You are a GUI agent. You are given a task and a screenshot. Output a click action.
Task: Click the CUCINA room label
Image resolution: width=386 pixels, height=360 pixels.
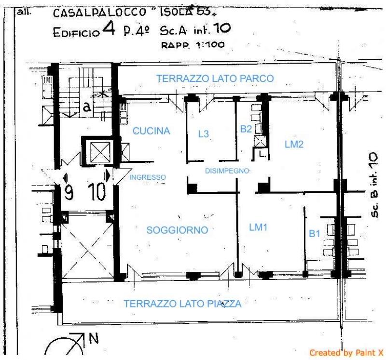(151, 131)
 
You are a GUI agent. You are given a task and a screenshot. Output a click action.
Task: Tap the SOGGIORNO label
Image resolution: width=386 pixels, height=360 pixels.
(177, 230)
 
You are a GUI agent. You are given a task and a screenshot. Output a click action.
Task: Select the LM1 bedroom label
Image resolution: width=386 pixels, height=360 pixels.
(258, 227)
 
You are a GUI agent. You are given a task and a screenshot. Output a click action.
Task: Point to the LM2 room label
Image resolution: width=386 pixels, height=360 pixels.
(294, 145)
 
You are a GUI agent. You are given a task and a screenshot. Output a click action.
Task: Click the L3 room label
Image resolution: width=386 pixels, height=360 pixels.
(204, 134)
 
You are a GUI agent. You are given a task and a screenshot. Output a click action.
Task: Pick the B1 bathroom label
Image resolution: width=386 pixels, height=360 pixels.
(315, 233)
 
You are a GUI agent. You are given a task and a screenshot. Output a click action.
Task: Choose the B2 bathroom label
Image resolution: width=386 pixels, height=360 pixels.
(246, 129)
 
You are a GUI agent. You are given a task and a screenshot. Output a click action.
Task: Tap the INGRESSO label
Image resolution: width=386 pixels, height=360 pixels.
(148, 177)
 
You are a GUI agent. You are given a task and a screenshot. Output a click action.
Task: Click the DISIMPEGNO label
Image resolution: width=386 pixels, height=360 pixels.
(227, 171)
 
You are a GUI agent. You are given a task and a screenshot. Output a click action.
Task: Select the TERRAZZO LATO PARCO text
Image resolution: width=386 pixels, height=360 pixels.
(215, 79)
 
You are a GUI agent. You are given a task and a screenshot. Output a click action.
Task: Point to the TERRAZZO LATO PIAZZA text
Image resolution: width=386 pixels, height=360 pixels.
(182, 304)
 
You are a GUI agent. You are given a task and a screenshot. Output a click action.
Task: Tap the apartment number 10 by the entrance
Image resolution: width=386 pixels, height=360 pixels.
(97, 191)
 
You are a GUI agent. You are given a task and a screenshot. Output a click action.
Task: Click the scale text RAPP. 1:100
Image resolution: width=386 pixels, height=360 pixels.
(193, 45)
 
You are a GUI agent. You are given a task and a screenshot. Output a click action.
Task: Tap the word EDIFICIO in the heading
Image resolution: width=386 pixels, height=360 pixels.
(76, 33)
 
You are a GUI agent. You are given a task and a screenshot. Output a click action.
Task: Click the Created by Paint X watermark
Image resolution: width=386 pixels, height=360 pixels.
(346, 353)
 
